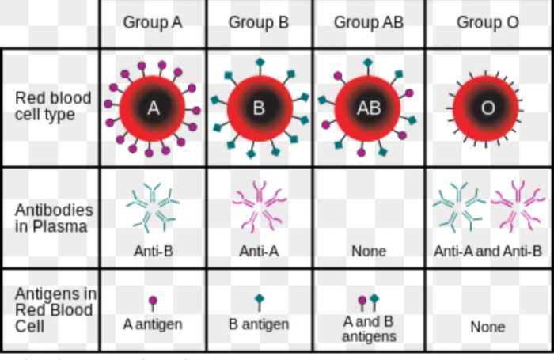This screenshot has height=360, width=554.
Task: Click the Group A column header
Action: pyautogui.click(x=153, y=23)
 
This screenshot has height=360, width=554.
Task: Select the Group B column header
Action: pyautogui.click(x=259, y=23)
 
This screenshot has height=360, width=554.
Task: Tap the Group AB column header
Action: pyautogui.click(x=369, y=23)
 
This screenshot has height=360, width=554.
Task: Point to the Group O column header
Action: pyautogui.click(x=488, y=23)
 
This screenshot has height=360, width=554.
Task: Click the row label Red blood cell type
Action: pyautogui.click(x=53, y=106)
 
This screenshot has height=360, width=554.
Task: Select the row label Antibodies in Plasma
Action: pyautogui.click(x=54, y=218)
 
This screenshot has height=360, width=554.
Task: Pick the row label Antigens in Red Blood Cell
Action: pyautogui.click(x=55, y=310)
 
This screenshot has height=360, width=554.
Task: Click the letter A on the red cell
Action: pyautogui.click(x=153, y=108)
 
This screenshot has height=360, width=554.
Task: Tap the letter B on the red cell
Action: pyautogui.click(x=259, y=108)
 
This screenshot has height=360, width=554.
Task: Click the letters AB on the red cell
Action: pyautogui.click(x=369, y=108)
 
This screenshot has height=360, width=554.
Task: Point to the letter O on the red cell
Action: pyautogui.click(x=488, y=108)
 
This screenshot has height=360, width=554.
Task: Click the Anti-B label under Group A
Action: pyautogui.click(x=154, y=251)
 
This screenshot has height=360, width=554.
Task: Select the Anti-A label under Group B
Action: pyautogui.click(x=259, y=251)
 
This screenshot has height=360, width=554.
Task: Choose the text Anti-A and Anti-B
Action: pyautogui.click(x=488, y=251)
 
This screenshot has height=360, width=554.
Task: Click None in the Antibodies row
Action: pyautogui.click(x=369, y=251)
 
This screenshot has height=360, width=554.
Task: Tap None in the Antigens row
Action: pyautogui.click(x=488, y=327)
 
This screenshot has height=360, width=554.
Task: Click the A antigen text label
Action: pyautogui.click(x=153, y=324)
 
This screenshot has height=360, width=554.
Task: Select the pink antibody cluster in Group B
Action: pyautogui.click(x=260, y=207)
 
